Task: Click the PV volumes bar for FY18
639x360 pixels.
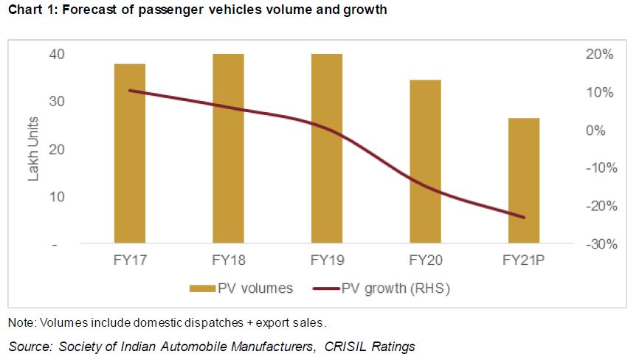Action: (228, 148)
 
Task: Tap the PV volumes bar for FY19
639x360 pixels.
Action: (327, 148)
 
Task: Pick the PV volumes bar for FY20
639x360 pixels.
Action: (426, 162)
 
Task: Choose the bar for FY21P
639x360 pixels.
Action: (524, 181)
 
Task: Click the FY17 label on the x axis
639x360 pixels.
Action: (130, 261)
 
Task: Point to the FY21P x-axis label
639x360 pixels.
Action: (524, 261)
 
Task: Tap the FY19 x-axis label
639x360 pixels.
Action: (327, 261)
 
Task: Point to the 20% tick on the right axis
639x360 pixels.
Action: (598, 55)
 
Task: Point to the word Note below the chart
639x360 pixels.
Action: (21, 322)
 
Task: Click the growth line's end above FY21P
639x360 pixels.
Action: (524, 218)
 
